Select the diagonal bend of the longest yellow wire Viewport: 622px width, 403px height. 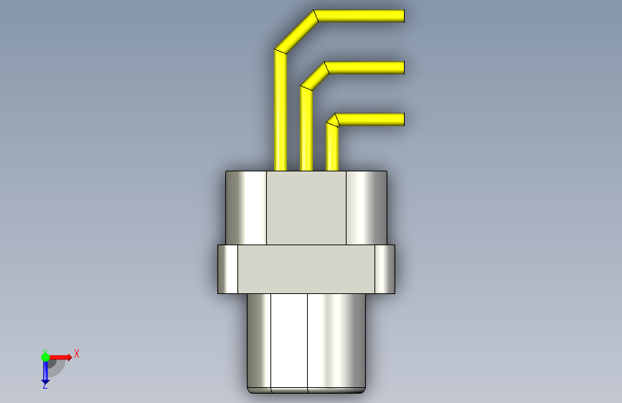pyautogui.click(x=295, y=32)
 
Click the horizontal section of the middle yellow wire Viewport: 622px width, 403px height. pyautogui.click(x=366, y=67)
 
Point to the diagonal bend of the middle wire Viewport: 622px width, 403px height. pyautogui.click(x=314, y=76)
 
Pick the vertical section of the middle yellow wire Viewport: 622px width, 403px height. pyautogui.click(x=306, y=129)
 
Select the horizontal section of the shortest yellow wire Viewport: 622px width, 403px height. pyautogui.click(x=372, y=119)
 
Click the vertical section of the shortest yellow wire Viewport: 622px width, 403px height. pyautogui.click(x=331, y=148)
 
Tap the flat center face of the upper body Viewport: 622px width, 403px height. pyautogui.click(x=306, y=208)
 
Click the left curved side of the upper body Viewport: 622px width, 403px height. pyautogui.click(x=246, y=208)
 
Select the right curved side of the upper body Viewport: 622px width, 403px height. pyautogui.click(x=367, y=208)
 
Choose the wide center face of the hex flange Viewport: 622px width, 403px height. pyautogui.click(x=306, y=269)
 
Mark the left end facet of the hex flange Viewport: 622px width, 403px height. pyautogui.click(x=227, y=269)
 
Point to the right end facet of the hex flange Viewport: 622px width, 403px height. pyautogui.click(x=385, y=269)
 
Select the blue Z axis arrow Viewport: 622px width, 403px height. pyautogui.click(x=44, y=371)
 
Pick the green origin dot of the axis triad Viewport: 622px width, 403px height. pyautogui.click(x=45, y=356)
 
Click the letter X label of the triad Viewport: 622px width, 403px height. pyautogui.click(x=76, y=354)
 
